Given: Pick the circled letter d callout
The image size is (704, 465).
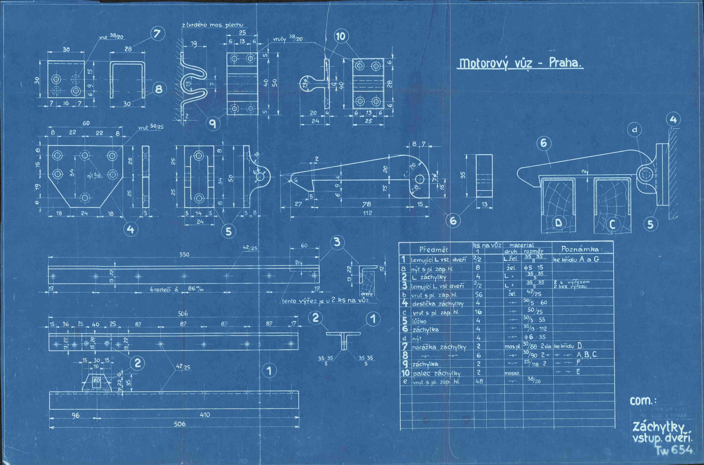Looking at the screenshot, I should point(634,130).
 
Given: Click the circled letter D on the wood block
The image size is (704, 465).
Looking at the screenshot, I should point(559,222).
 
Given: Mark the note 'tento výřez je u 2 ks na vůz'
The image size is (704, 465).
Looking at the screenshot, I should point(326,300).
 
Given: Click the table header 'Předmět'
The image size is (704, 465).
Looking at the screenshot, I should point(433,249).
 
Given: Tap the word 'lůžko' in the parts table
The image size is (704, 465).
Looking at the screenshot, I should point(419,321).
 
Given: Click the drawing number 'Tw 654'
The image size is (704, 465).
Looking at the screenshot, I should point(674,450).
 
